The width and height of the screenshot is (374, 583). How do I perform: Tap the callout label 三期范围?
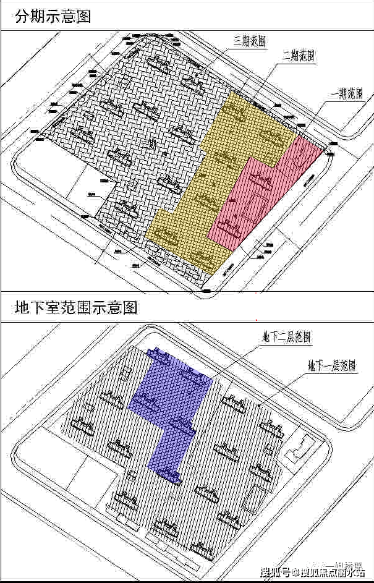click(250, 41)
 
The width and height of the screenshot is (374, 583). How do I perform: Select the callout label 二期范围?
click(299, 56)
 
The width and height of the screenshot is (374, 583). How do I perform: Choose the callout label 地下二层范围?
click(286, 338)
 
